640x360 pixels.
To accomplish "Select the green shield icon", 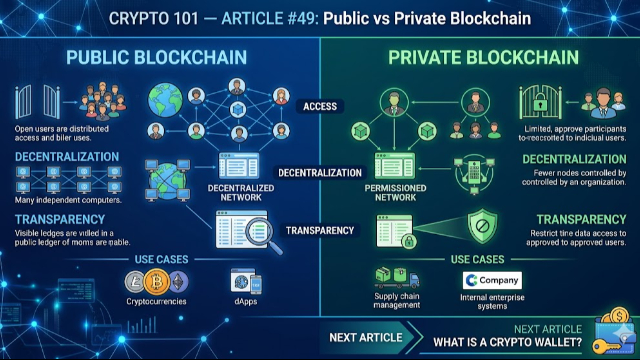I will pyautogui.click(x=482, y=226).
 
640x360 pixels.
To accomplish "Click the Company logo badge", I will pyautogui.click(x=492, y=280).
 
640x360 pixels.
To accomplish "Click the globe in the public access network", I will pyautogui.click(x=165, y=100).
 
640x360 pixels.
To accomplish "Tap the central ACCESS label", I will pyautogui.click(x=320, y=106).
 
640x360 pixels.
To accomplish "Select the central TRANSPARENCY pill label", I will pyautogui.click(x=320, y=230).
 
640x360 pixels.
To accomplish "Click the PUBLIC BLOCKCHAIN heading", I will pyautogui.click(x=156, y=57).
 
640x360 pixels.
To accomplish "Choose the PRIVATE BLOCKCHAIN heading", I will pyautogui.click(x=483, y=57).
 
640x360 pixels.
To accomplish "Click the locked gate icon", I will pyautogui.click(x=540, y=102).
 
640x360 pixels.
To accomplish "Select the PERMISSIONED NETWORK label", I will pyautogui.click(x=396, y=193).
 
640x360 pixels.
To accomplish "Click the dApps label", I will pyautogui.click(x=245, y=301).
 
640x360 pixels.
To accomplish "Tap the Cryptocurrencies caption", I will pyautogui.click(x=156, y=301).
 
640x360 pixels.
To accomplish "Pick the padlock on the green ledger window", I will pyautogui.click(x=409, y=242).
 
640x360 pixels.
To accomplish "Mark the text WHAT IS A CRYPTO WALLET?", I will pyautogui.click(x=507, y=343).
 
